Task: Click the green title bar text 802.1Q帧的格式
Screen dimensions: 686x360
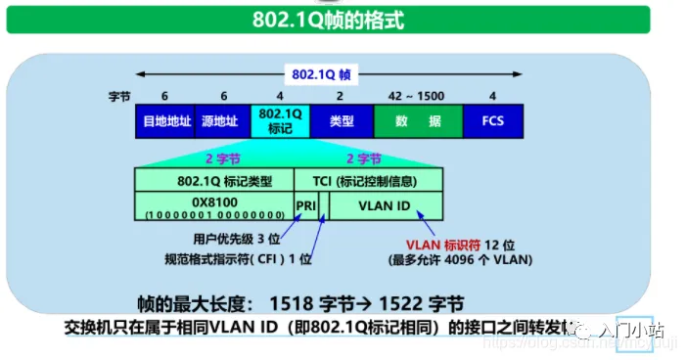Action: pyautogui.click(x=342, y=19)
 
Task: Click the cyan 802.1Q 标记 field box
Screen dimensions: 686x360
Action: pyautogui.click(x=280, y=121)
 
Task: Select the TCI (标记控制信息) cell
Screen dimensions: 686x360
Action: pyautogui.click(x=368, y=180)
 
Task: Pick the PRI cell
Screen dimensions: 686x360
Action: pyautogui.click(x=305, y=206)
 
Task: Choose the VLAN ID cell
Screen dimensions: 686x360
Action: pyautogui.click(x=385, y=206)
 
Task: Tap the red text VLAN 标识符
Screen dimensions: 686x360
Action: pyautogui.click(x=439, y=246)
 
